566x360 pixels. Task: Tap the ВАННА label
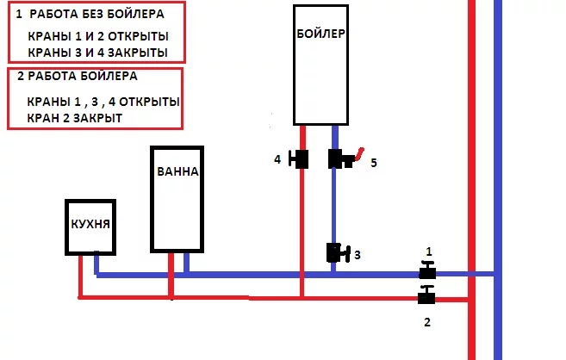(178, 171)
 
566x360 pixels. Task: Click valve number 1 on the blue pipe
(426, 273)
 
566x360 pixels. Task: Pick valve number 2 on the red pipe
(426, 298)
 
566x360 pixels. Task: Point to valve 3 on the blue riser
(336, 253)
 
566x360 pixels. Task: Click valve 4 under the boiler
(301, 159)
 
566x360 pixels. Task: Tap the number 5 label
(373, 162)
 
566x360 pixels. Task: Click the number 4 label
(277, 158)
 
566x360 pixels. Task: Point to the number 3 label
(357, 255)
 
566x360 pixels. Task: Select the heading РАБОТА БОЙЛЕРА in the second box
(82, 76)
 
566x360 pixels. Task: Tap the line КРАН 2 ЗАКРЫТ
(75, 117)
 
